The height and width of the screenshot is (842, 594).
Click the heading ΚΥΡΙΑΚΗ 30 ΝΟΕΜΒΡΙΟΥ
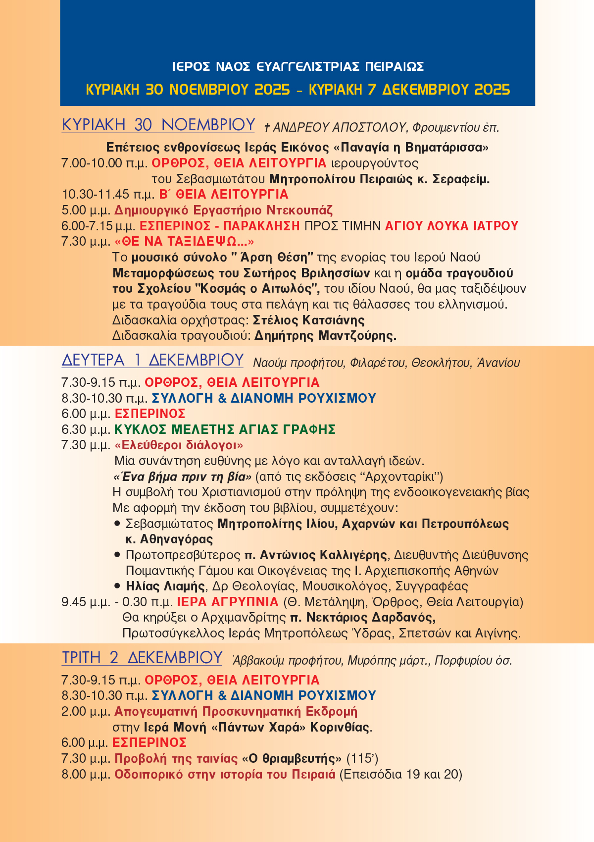click(158, 125)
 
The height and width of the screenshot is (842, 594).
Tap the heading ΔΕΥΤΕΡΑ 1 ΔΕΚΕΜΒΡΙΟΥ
click(152, 360)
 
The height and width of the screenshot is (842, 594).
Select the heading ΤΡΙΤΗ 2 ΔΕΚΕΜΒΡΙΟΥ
click(142, 658)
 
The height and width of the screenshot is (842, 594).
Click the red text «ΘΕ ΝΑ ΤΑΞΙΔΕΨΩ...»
click(184, 242)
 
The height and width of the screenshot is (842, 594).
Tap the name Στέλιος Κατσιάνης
click(308, 320)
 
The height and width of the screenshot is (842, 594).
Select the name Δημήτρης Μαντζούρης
click(325, 336)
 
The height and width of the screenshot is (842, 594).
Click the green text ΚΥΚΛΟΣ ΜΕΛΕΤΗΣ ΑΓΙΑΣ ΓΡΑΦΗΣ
click(225, 429)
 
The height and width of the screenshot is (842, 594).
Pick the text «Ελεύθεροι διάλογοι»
click(179, 445)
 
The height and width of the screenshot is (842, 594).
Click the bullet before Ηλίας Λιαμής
click(117, 586)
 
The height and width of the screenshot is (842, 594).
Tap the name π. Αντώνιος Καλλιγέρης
click(316, 555)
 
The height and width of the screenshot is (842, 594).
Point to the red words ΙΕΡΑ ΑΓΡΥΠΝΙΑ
click(228, 602)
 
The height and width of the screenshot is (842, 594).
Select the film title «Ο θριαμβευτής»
click(292, 759)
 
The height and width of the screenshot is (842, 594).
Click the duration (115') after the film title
click(362, 759)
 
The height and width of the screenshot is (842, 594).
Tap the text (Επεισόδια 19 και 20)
click(400, 775)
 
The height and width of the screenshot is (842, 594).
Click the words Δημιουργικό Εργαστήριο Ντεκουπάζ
click(223, 210)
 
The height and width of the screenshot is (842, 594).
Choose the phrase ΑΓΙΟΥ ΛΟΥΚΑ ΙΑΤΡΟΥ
click(451, 226)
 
